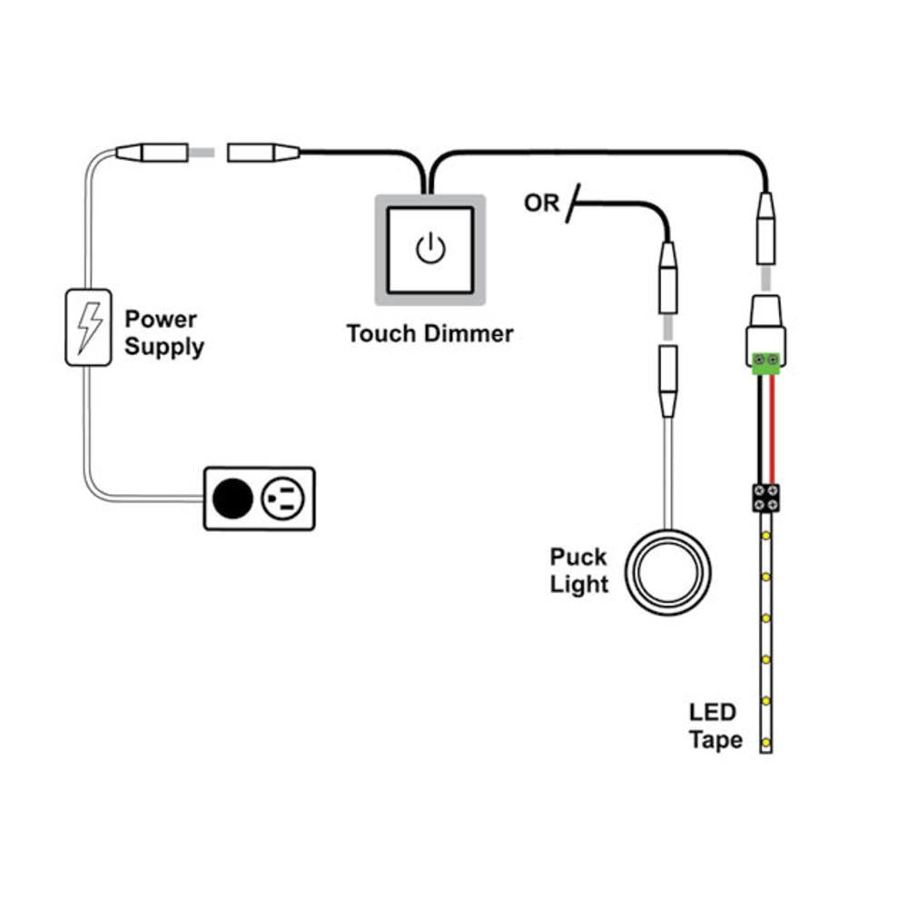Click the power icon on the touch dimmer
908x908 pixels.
tap(430, 248)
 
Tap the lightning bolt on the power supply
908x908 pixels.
tap(89, 327)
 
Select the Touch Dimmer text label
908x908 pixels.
tap(429, 333)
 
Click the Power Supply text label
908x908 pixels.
tap(163, 333)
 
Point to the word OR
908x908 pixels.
tap(542, 204)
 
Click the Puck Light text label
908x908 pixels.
tap(578, 570)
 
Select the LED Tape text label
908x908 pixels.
tap(715, 725)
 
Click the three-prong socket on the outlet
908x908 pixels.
tap(284, 498)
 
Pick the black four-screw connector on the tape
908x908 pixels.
tap(766, 496)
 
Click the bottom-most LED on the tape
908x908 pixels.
tap(766, 744)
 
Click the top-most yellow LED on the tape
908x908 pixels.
tap(766, 537)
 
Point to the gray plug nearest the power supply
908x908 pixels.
tap(152, 153)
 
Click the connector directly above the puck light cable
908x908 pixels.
tap(668, 381)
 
